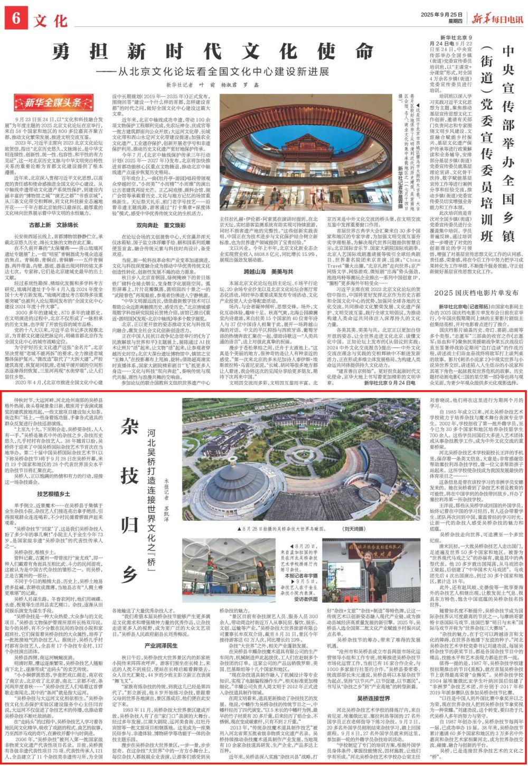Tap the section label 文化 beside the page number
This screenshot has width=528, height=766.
pyautogui.click(x=52, y=20)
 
